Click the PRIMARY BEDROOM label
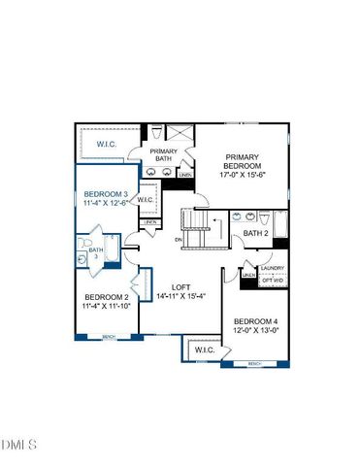pos(244,161)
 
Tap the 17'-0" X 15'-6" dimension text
pos(244,176)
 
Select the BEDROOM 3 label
pos(105,194)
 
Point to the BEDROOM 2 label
pos(107,296)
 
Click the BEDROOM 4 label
pos(256,320)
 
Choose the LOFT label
pos(181,286)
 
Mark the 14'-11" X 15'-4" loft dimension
pos(181,296)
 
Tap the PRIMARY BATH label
pos(162,155)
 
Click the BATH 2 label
pos(255,233)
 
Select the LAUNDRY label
pos(273,268)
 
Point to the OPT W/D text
pos(273,281)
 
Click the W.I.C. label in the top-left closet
pos(108,144)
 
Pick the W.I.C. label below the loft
pos(205,349)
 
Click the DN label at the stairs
pos(179,239)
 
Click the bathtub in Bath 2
pos(279,225)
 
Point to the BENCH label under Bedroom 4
pos(254,363)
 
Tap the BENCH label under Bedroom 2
pos(109,336)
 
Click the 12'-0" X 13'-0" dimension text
pos(256,330)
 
